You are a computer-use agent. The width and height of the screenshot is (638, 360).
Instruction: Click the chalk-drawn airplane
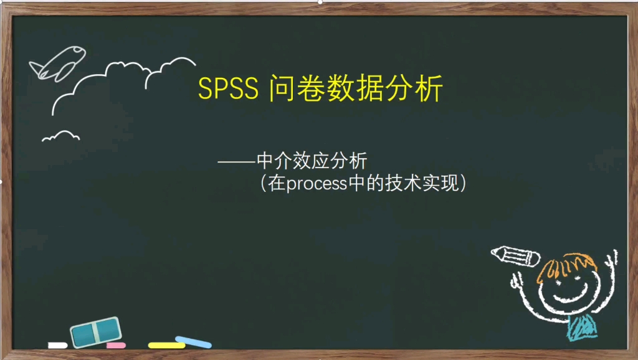pyautogui.click(x=57, y=63)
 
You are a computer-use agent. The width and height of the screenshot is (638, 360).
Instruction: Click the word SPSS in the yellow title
pyautogui.click(x=228, y=89)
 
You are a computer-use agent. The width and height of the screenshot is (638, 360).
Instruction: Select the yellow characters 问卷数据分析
pyautogui.click(x=356, y=88)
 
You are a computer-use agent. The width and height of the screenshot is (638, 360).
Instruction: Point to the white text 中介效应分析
pyautogui.click(x=312, y=161)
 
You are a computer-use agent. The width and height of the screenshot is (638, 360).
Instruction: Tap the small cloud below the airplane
pyautogui.click(x=60, y=136)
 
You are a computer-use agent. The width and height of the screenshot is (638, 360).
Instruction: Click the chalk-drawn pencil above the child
pyautogui.click(x=515, y=255)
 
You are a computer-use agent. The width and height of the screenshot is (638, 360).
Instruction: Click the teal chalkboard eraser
pyautogui.click(x=95, y=332)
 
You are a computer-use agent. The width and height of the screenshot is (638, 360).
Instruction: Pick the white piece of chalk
pyautogui.click(x=57, y=345)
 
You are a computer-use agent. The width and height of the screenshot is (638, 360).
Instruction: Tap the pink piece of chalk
pyautogui.click(x=116, y=345)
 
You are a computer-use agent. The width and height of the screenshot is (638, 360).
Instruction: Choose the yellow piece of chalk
pyautogui.click(x=166, y=345)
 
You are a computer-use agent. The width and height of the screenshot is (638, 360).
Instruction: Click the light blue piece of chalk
pyautogui.click(x=193, y=341)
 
